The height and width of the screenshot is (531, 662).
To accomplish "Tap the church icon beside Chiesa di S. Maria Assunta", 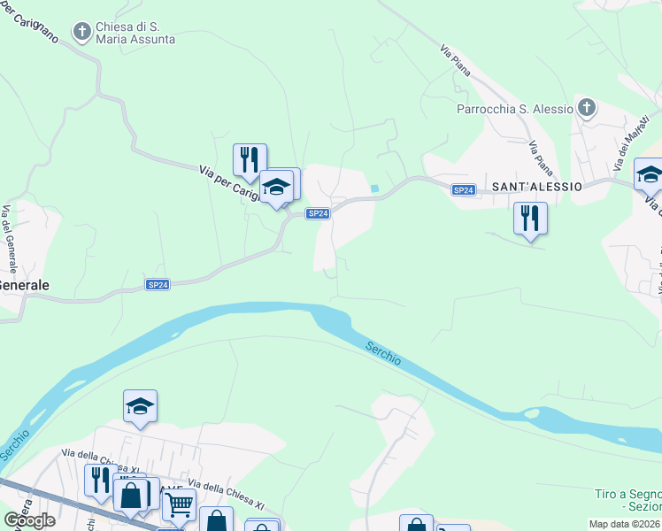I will pyautogui.click(x=82, y=33).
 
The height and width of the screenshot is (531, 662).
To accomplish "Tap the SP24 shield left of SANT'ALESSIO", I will pyautogui.click(x=464, y=190).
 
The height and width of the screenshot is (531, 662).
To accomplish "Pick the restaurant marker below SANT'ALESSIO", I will pyautogui.click(x=530, y=218).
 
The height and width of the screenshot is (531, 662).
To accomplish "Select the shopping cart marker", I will pyautogui.click(x=179, y=505).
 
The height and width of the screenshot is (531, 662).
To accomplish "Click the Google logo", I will pyautogui.click(x=29, y=520).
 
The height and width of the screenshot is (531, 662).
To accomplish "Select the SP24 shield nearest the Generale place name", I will pyautogui.click(x=158, y=284).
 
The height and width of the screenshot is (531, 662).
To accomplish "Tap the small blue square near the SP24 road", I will pyautogui.click(x=375, y=188).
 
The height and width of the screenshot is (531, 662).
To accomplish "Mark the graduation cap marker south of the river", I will pyautogui.click(x=140, y=406).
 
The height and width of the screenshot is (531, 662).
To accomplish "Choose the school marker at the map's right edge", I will pyautogui.click(x=650, y=174).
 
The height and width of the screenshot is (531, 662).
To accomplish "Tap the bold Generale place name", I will pyautogui.click(x=24, y=286).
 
